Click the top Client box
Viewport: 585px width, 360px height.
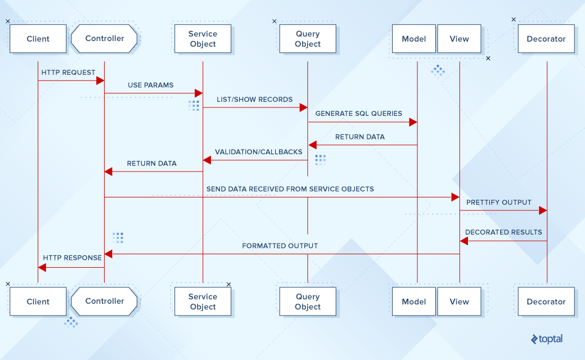click(x=38, y=39)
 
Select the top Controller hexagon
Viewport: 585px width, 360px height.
click(x=105, y=39)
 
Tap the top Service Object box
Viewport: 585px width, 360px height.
click(x=202, y=39)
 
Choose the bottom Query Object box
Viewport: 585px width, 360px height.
click(x=308, y=301)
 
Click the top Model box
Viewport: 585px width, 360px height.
click(x=413, y=39)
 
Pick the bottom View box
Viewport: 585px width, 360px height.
click(x=459, y=301)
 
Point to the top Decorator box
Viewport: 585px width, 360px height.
click(x=546, y=39)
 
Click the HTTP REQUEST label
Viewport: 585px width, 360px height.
click(x=68, y=73)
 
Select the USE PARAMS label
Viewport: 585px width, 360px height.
click(x=151, y=85)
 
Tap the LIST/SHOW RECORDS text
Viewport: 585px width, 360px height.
click(x=255, y=100)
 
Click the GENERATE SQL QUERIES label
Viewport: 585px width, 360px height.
click(x=359, y=114)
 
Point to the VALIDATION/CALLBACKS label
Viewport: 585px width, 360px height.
click(x=258, y=152)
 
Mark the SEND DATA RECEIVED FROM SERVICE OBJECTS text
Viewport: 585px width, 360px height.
click(x=290, y=189)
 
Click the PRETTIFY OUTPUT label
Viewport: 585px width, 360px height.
click(x=498, y=202)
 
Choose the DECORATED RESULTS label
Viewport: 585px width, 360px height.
click(x=503, y=232)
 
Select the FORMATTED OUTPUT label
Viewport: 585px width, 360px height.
click(x=280, y=246)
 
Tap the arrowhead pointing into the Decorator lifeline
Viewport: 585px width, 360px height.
click(x=542, y=210)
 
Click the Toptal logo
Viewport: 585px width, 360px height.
click(x=546, y=339)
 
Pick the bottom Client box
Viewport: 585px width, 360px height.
click(x=38, y=301)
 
